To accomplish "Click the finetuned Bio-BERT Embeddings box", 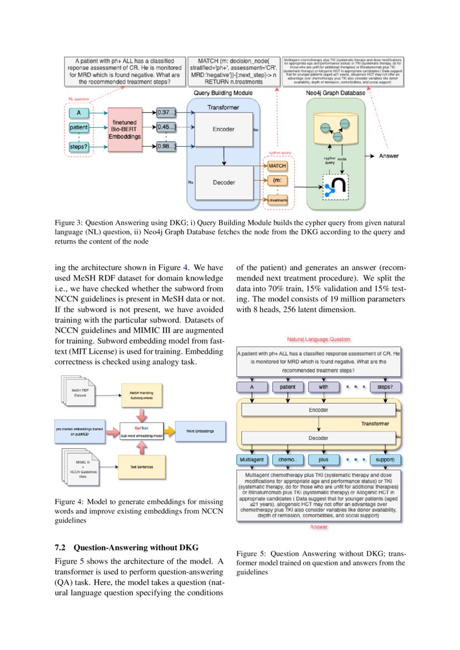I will tap(125, 130).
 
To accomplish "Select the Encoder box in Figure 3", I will tap(223, 130).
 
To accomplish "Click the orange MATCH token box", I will tap(277, 166).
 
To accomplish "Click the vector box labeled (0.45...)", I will tap(166, 128).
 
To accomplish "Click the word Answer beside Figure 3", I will tap(389, 156).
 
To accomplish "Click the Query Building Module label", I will tap(223, 93).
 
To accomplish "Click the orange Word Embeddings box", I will tap(198, 431).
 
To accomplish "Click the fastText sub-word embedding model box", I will tap(141, 431).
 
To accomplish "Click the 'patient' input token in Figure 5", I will tap(288, 387).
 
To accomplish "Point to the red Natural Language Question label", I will tap(319, 339).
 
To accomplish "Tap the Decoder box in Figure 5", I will tap(318, 438).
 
